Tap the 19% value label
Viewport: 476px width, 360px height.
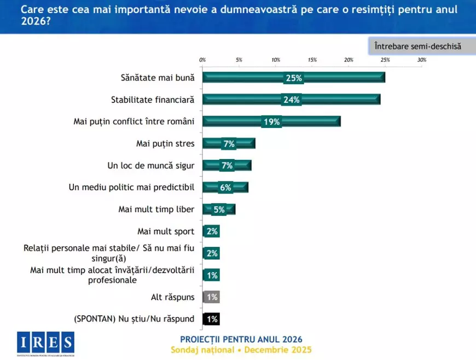pos(272,121)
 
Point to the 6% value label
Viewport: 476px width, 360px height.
pos(226,188)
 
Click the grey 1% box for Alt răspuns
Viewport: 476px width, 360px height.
pos(211,297)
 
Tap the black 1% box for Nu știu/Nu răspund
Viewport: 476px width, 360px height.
pos(211,319)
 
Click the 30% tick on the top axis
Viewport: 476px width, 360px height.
pos(421,60)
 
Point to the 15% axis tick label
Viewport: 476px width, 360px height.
pos(312,60)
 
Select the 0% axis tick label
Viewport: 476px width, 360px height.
pos(202,60)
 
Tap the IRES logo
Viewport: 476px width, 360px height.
pos(45,344)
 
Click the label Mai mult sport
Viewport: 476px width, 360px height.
pos(165,231)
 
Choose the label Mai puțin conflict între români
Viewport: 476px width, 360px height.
pos(134,121)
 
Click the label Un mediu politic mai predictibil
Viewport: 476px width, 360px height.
pos(132,187)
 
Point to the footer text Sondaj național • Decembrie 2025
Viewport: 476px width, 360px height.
pos(241,350)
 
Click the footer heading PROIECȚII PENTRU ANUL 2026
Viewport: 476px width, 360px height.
pos(241,340)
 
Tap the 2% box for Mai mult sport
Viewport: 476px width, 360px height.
pos(212,231)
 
